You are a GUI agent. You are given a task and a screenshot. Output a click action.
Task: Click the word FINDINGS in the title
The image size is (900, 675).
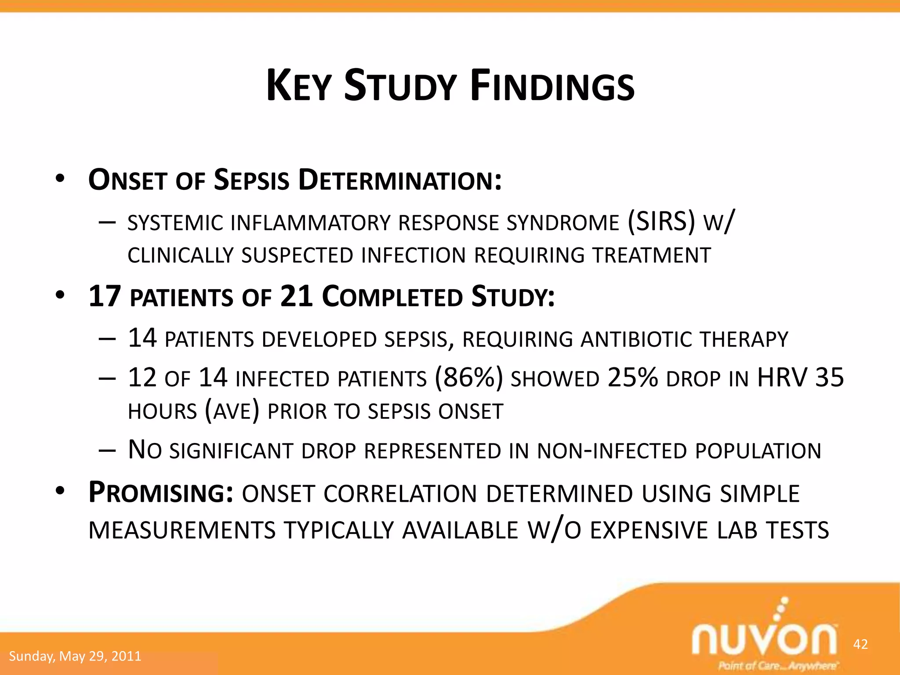pos(552,86)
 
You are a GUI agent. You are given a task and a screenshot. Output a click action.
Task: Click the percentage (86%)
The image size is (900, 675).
pos(468,377)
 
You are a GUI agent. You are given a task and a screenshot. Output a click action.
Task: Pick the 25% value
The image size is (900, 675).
pos(632,377)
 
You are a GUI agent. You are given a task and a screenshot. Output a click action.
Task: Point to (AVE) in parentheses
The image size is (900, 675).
pos(232,411)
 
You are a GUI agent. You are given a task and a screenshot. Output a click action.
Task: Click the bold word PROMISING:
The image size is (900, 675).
pos(160,492)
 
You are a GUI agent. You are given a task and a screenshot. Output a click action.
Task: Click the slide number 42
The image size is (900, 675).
pos(860,644)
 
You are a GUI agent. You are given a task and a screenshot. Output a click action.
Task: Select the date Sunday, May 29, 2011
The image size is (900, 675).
pos(75,656)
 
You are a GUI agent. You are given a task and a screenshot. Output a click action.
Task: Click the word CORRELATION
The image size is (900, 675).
pos(400,494)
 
